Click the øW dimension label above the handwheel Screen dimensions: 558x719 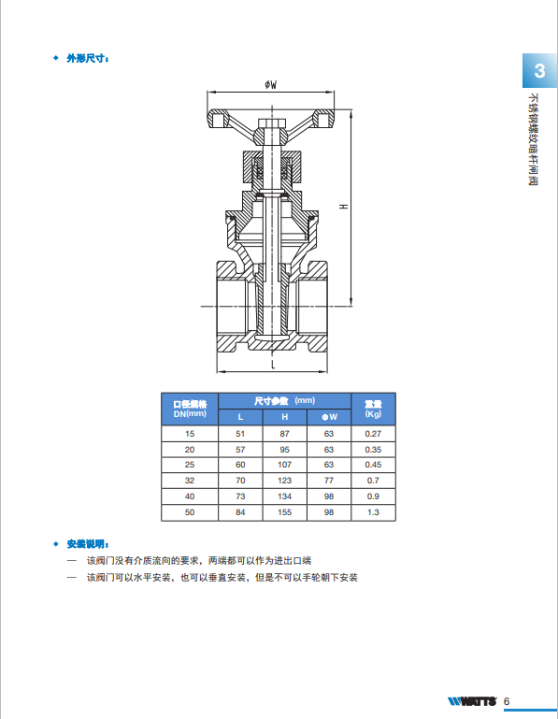click(x=271, y=84)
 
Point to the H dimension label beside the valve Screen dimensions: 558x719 click(x=343, y=207)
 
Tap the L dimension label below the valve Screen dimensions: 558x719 click(x=273, y=365)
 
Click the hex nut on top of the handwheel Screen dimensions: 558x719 click(x=272, y=123)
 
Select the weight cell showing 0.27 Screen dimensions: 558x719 click(x=373, y=434)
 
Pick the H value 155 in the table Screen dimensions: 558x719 click(x=285, y=512)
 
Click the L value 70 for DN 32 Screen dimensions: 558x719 click(x=240, y=481)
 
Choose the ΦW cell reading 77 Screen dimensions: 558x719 click(x=329, y=481)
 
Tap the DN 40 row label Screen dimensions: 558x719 click(x=190, y=496)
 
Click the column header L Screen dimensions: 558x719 click(x=240, y=417)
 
